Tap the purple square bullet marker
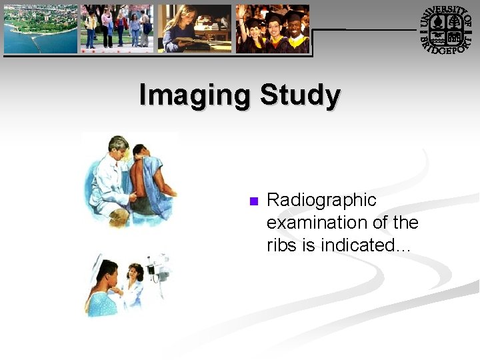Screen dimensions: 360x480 253,201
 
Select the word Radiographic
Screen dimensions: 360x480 321,200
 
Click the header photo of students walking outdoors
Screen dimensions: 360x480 117,29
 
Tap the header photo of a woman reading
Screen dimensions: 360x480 194,29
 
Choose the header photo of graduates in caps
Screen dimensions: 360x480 273,29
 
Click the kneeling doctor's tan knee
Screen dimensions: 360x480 119,217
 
